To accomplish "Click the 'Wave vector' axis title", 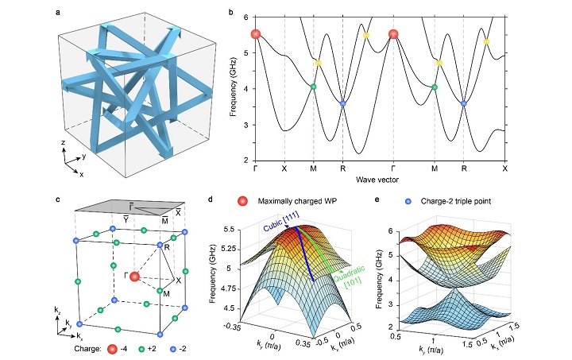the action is [377, 180].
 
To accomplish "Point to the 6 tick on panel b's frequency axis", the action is [245, 17].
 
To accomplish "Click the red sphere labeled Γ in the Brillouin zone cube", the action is [134, 277].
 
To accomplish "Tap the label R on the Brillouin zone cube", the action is [167, 249].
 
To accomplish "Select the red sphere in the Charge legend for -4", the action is [112, 349].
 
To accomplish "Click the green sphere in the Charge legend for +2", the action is [142, 349].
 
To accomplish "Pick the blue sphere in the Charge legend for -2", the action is [174, 349].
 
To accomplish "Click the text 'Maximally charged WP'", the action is [297, 201].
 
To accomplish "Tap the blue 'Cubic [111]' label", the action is [281, 221].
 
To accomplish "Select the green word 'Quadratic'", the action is [350, 273].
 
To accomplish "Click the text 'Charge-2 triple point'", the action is [456, 201].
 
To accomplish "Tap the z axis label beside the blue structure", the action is [63, 142].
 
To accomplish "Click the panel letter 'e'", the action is [377, 199].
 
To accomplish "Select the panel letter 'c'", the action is [58, 199].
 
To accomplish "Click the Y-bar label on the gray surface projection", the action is [126, 219].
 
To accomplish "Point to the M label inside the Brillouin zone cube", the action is [166, 293].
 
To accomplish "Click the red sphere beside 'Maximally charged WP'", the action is [242, 201].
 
